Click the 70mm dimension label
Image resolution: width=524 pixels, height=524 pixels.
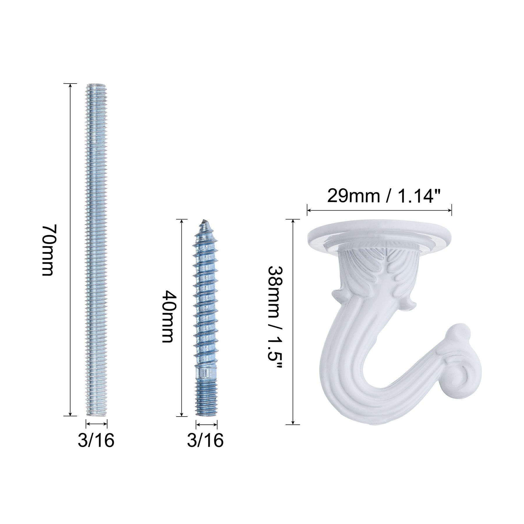[x=48, y=250]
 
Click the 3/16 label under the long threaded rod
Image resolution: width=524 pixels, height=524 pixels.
[x=96, y=441]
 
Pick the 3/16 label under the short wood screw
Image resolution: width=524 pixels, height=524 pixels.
[x=205, y=441]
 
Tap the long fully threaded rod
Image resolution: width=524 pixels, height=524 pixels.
[x=97, y=250]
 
